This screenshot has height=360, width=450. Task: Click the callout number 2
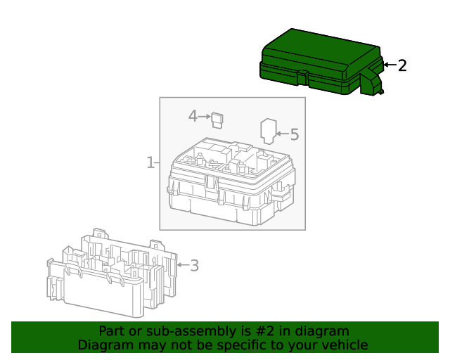click(x=402, y=65)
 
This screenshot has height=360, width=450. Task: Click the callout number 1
click(x=150, y=163)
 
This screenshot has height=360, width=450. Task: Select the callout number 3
click(x=194, y=265)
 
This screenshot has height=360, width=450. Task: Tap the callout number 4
click(x=192, y=116)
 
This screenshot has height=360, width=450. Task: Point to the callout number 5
click(x=294, y=134)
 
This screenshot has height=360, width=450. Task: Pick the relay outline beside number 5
click(x=267, y=131)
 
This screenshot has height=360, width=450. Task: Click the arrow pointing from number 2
click(x=389, y=65)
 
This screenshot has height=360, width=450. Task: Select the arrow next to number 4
click(x=205, y=117)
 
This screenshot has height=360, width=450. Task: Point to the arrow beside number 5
click(x=281, y=133)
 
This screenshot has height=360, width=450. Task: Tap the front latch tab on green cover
click(x=301, y=75)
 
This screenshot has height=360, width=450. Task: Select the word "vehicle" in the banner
click(x=344, y=345)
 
